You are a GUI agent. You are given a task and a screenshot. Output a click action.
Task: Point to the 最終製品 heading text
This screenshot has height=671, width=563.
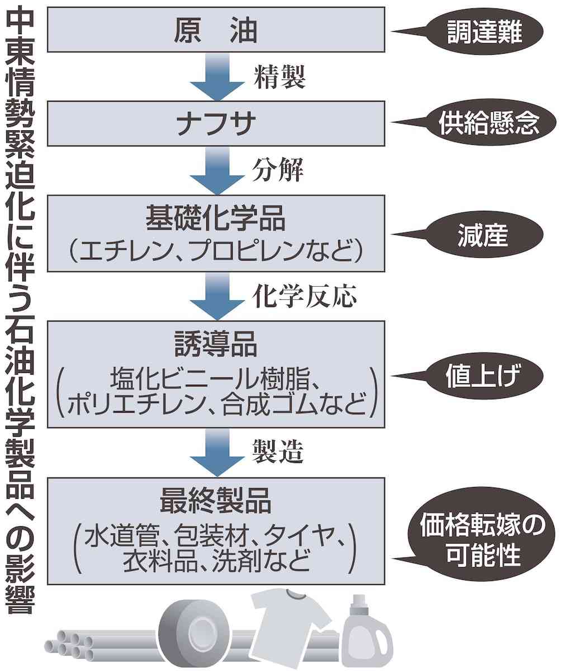tap(215, 502)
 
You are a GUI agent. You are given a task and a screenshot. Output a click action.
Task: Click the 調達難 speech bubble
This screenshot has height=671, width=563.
tap(484, 34)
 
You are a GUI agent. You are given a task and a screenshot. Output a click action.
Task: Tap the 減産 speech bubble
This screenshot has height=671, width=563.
tap(484, 235)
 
